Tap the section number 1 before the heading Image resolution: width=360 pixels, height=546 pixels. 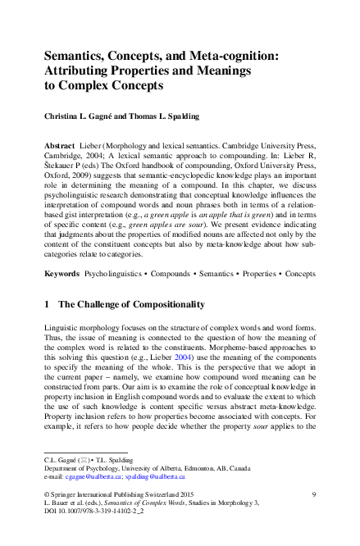(46, 304)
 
